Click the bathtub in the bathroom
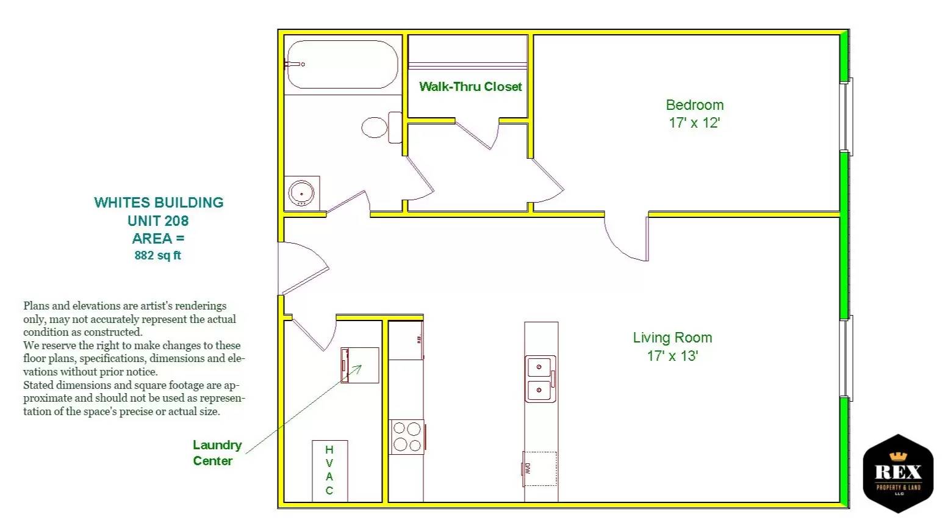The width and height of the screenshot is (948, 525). point(342,65)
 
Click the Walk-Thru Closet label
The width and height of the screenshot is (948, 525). point(470,87)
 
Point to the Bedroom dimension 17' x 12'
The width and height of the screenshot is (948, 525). point(694,123)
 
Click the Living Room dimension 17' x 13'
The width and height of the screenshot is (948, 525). point(672,356)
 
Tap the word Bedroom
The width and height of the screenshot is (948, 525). point(694,105)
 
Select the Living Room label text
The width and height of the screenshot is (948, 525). point(672,338)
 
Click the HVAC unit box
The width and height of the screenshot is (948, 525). point(329,470)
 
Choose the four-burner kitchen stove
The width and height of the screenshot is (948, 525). point(407,437)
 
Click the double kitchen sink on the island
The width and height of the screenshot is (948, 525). point(540,378)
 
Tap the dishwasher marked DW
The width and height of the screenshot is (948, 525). point(540,469)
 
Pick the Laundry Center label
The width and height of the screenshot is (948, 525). point(217,453)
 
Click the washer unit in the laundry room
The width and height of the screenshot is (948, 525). point(360,365)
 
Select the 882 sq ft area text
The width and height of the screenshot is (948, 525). point(157,256)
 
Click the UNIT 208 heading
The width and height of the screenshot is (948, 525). point(158,220)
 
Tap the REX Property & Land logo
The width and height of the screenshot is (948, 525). point(898,474)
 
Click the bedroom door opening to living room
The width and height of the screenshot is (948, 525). point(627,238)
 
